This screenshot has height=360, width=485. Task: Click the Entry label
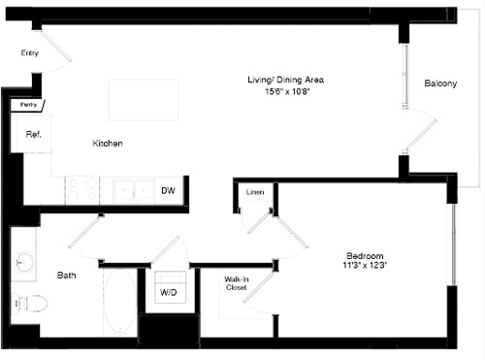pos(29,53)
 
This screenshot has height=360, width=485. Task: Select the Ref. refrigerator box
pos(32,134)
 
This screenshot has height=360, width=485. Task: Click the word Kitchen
pos(107,144)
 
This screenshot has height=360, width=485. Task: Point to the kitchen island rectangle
pos(143,100)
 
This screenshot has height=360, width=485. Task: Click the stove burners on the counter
pos(83,189)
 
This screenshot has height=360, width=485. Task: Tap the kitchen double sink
pos(133,190)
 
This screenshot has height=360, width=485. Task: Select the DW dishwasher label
pos(168,191)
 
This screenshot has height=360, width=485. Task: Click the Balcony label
pos(439,84)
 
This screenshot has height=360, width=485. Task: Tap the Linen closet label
pos(254,191)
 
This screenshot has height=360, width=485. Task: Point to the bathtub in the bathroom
pos(119,304)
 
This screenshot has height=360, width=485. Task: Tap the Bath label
pos(67,276)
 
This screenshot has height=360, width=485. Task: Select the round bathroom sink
pos(24,261)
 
